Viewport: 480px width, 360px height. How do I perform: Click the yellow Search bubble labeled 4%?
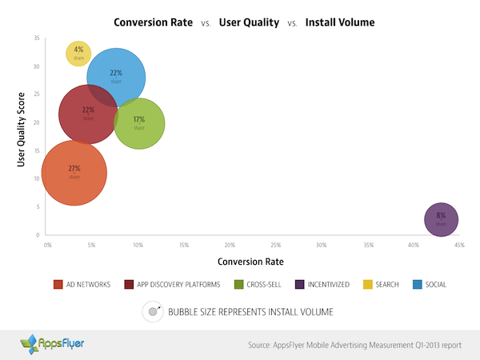(78, 53)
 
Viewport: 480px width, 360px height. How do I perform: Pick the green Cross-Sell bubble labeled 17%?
(139, 123)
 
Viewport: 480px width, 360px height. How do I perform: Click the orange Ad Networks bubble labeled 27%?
(74, 173)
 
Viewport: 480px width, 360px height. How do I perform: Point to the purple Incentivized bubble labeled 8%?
(441, 219)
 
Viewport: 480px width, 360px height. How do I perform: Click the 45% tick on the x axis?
(459, 245)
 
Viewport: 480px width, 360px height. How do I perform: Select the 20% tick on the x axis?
(230, 245)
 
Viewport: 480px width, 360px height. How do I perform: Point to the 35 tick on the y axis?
(37, 38)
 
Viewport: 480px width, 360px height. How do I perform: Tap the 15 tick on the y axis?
(37, 150)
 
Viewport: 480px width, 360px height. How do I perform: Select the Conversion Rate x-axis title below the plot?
(250, 262)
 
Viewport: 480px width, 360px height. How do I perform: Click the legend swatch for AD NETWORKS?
(58, 285)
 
